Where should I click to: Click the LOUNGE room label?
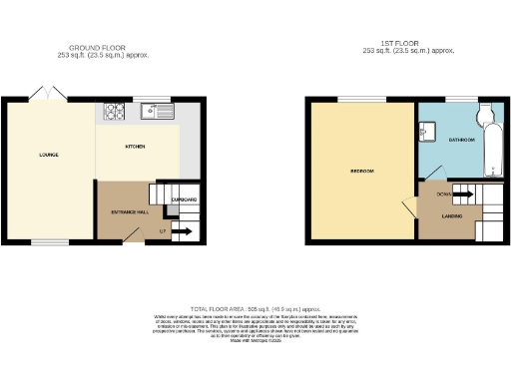click(x=48, y=155)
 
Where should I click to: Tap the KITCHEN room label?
click(x=135, y=147)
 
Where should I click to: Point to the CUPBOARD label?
click(x=184, y=200)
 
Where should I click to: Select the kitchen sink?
click(x=157, y=111)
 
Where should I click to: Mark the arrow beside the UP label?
click(x=182, y=232)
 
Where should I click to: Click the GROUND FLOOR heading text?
click(x=97, y=48)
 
